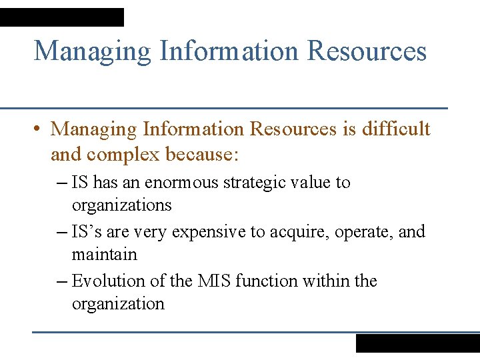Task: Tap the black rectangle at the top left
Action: click(62, 17)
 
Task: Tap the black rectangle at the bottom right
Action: click(417, 343)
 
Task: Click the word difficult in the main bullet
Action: click(396, 129)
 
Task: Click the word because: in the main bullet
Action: click(201, 154)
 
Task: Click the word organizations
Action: click(121, 205)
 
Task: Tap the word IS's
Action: click(87, 232)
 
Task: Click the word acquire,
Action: click(298, 233)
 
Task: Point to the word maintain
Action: click(104, 255)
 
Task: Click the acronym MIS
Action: click(214, 281)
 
